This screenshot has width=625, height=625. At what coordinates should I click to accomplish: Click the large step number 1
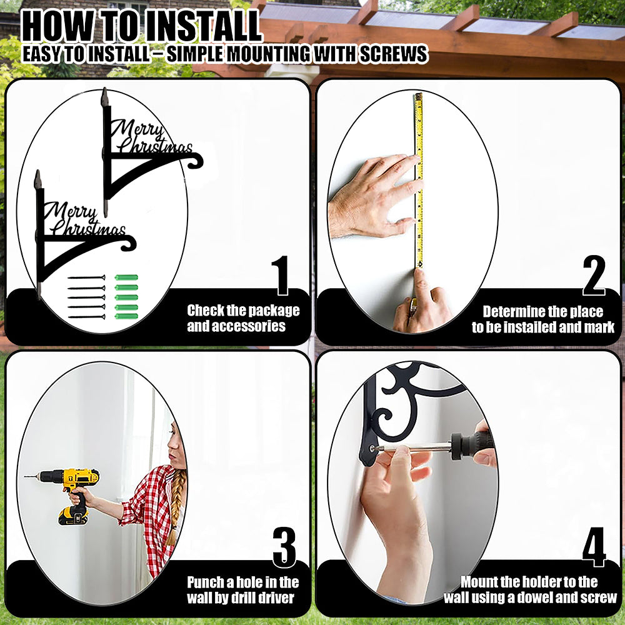click(282, 276)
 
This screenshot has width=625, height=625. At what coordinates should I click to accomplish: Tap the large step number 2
click(594, 275)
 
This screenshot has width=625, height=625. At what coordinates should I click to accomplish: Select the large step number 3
click(284, 547)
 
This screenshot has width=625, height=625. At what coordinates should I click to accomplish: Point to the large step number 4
click(594, 547)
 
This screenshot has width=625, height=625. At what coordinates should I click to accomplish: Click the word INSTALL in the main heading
click(202, 26)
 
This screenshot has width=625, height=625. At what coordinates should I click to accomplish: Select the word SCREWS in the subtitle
click(393, 54)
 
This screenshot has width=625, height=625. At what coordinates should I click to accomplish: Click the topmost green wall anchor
click(127, 277)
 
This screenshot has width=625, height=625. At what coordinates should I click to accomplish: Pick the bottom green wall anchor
click(127, 316)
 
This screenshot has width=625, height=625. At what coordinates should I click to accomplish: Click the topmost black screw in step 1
click(86, 277)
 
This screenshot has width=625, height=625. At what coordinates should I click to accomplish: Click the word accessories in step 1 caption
click(236, 326)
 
